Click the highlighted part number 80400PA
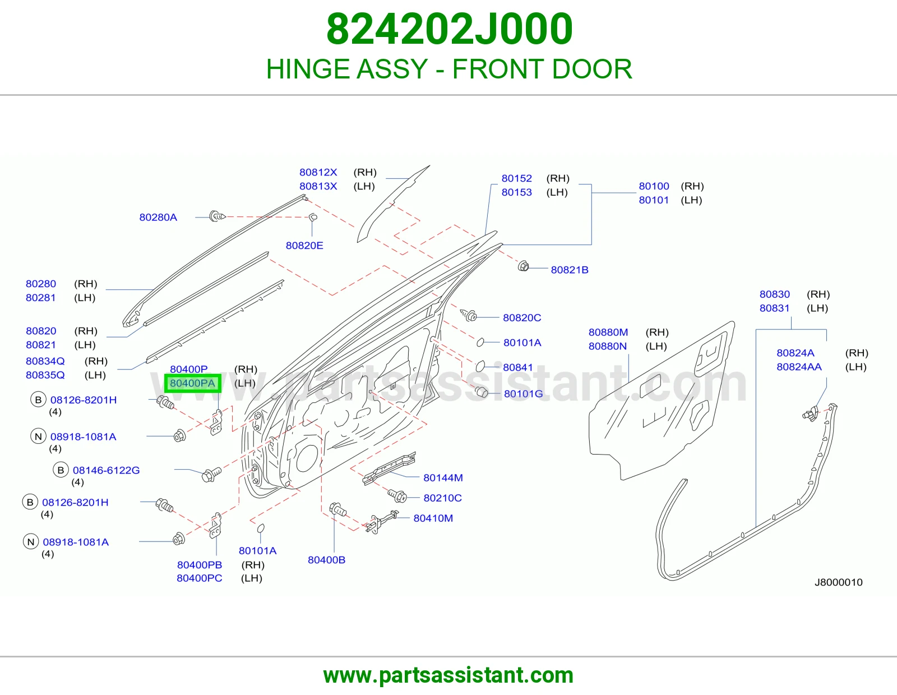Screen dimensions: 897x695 [192, 383]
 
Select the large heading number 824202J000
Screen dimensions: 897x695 [450, 29]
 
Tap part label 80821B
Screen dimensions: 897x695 [569, 270]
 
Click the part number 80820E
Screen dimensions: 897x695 [304, 245]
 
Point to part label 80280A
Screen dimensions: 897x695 [158, 217]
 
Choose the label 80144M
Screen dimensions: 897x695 [443, 478]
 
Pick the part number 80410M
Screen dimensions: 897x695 [433, 518]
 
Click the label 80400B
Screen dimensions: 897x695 [326, 559]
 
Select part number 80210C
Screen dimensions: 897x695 [442, 498]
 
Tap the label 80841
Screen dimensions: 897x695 [517, 367]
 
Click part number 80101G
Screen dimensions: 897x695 [524, 393]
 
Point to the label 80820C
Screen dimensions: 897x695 [522, 318]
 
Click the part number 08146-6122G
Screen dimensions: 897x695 [106, 470]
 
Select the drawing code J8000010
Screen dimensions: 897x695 [838, 582]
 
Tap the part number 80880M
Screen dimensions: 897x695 [608, 332]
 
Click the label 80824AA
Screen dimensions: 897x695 [799, 367]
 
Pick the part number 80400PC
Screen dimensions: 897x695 [200, 578]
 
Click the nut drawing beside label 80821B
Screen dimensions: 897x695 [523, 266]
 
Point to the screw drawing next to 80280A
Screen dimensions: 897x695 [217, 216]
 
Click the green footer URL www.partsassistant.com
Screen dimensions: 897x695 [449, 676]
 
